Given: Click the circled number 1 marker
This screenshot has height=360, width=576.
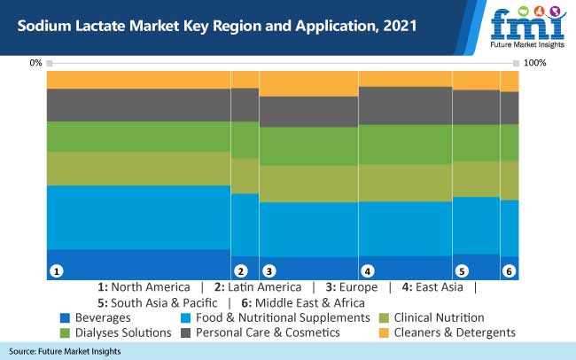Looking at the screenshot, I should [x=56, y=270].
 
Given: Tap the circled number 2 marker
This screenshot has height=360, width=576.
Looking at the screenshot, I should [x=239, y=270].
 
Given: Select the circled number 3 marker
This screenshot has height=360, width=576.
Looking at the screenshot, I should [x=269, y=270].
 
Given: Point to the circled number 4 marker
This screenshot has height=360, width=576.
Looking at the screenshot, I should [x=367, y=270].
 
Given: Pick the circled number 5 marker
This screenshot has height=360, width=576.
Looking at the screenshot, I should [x=461, y=270].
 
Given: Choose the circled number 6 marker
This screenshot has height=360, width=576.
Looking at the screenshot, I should [x=509, y=270].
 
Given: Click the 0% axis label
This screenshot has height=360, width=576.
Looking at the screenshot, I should [x=35, y=63].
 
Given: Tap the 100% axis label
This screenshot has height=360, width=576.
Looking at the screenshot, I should [x=534, y=63].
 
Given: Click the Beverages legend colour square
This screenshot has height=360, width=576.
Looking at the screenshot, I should [x=65, y=317].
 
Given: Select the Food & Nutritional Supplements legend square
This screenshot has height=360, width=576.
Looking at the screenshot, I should [x=185, y=317].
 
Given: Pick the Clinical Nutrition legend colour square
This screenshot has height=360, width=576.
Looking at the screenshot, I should [x=384, y=317].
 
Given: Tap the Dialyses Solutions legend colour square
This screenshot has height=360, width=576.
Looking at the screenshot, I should [x=65, y=333].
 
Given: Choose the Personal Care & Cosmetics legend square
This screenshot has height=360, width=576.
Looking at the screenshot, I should [x=185, y=333].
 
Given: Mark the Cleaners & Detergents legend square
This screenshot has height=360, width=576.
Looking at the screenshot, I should [x=384, y=333].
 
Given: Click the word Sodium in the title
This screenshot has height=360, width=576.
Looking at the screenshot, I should [x=43, y=26].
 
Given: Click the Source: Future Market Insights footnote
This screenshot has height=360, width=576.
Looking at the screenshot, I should [x=66, y=352].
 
